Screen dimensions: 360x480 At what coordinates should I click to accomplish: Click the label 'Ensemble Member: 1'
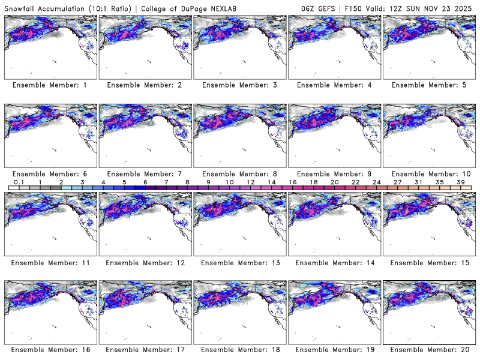pos(50,85)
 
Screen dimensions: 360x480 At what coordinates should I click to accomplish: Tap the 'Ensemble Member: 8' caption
pos(239,174)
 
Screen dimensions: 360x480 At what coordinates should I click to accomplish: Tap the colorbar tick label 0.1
pos(19,182)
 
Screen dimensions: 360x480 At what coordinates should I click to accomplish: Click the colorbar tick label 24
pos(376,182)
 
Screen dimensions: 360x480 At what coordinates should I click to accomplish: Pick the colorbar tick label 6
pos(145,182)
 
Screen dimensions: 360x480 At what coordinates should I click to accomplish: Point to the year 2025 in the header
pos(465,7)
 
